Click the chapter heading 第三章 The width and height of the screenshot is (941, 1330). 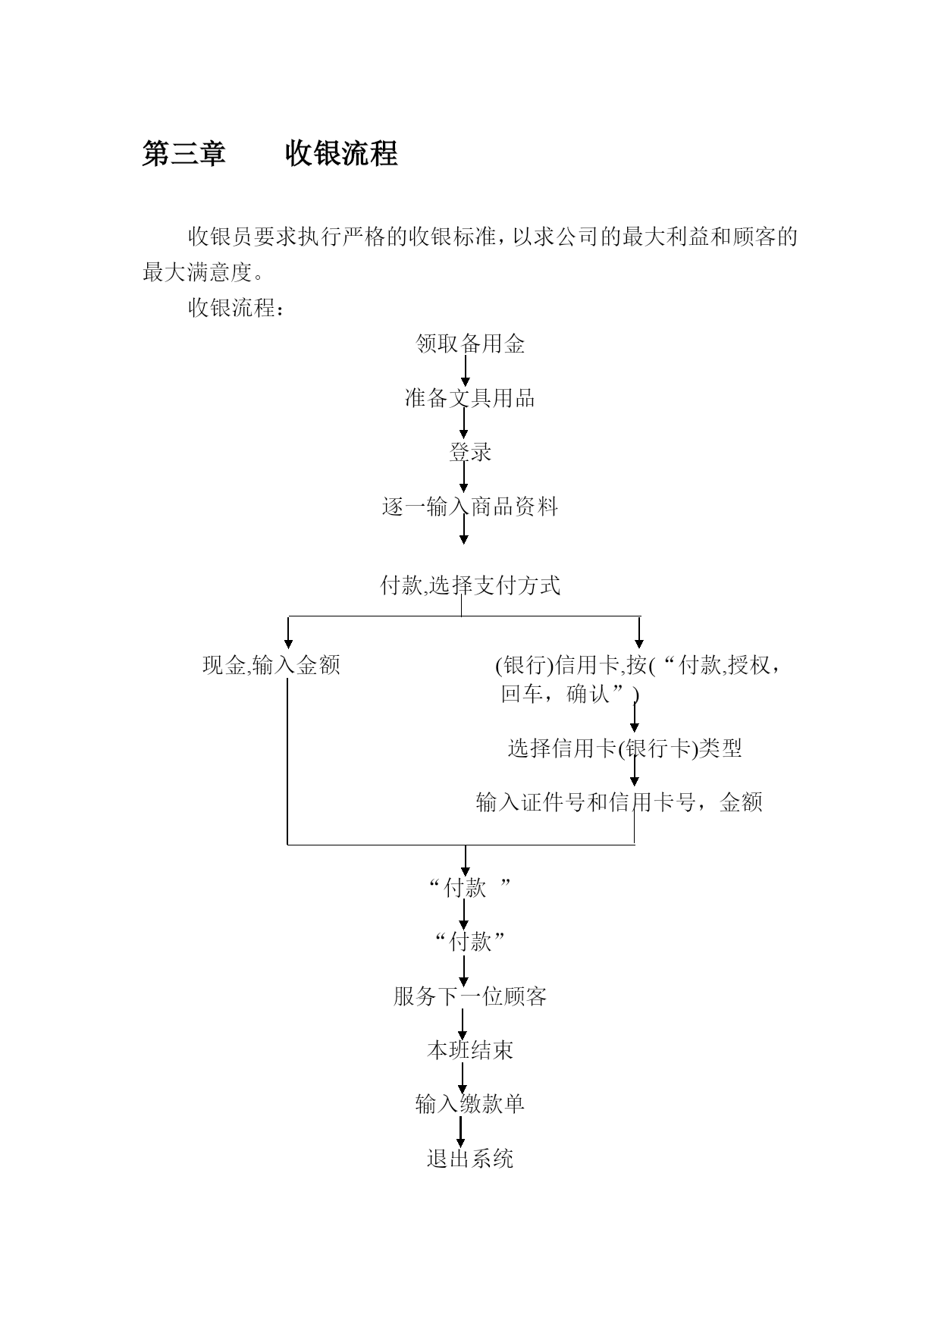pyautogui.click(x=184, y=154)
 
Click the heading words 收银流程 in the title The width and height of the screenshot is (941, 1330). pyautogui.click(x=341, y=154)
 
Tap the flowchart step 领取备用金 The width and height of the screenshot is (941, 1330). pyautogui.click(x=470, y=344)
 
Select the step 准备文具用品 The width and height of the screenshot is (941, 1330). pyautogui.click(x=470, y=398)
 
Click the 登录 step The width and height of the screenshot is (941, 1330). pyautogui.click(x=470, y=453)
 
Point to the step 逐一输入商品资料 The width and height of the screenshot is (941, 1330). pyautogui.click(x=470, y=507)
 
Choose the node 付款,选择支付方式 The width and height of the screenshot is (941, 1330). pyautogui.click(x=470, y=585)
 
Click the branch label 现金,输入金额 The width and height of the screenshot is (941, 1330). pyautogui.click(x=271, y=665)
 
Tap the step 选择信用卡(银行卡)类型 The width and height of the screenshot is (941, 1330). pyautogui.click(x=625, y=748)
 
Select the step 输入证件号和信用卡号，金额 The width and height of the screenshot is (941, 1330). pyautogui.click(x=619, y=802)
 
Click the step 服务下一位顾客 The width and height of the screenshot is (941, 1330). pyautogui.click(x=470, y=996)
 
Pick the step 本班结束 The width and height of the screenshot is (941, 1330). pyautogui.click(x=470, y=1050)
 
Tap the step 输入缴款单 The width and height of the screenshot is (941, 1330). pyautogui.click(x=470, y=1104)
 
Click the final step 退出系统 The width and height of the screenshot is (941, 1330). pyautogui.click(x=470, y=1159)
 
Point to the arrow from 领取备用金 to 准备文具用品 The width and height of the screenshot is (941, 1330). pyautogui.click(x=465, y=371)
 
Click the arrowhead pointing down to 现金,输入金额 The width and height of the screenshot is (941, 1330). pyautogui.click(x=288, y=644)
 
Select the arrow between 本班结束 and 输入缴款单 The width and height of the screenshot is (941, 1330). pyautogui.click(x=462, y=1077)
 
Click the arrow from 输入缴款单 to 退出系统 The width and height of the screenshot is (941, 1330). pyautogui.click(x=460, y=1131)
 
